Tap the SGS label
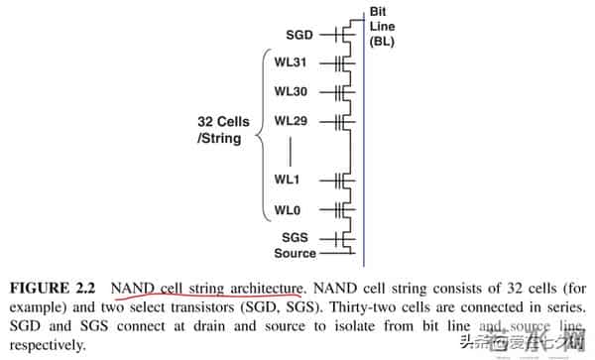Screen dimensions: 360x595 point(296,238)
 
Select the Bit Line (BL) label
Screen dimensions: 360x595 point(383,27)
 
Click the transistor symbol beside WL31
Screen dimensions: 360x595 point(342,62)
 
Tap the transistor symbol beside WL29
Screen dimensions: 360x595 point(342,121)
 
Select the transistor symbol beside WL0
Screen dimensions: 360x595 point(342,210)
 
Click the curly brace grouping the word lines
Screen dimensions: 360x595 point(265,137)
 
